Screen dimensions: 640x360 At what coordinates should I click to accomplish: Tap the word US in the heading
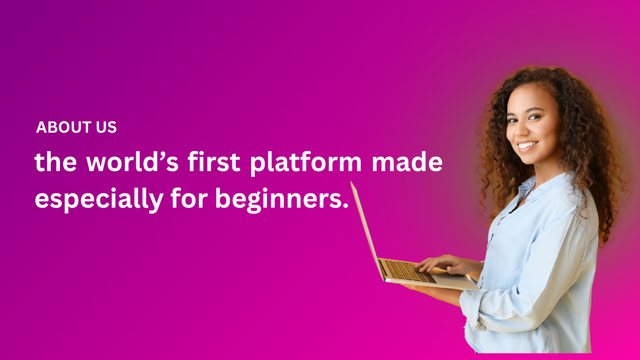106,127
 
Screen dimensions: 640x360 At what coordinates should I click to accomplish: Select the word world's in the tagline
133,162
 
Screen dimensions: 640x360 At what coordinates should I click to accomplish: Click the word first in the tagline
214,162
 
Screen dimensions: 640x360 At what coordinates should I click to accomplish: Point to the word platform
306,163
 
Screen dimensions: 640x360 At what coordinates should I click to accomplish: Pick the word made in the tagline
407,162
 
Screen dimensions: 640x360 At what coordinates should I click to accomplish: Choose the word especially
99,200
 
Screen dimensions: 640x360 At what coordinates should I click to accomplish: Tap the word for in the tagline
189,198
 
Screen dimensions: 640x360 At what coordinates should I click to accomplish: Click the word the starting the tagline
56,162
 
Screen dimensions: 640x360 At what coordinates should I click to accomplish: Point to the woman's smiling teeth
528,145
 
